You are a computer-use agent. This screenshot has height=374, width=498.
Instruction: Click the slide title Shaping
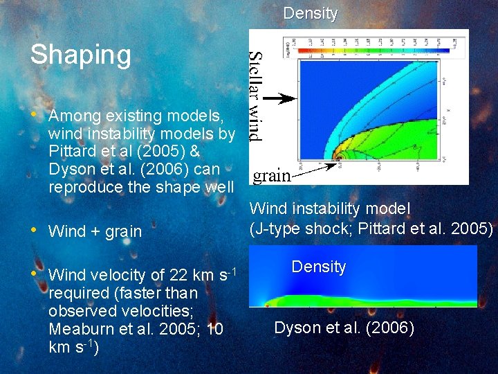pyautogui.click(x=80, y=55)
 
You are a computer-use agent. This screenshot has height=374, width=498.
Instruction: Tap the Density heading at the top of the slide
pyautogui.click(x=311, y=13)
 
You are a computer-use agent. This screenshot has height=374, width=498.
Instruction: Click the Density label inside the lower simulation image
pyautogui.click(x=318, y=267)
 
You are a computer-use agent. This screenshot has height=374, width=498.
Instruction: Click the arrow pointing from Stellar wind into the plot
pyautogui.click(x=279, y=99)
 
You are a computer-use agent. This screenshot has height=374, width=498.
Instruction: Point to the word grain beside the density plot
pyautogui.click(x=271, y=176)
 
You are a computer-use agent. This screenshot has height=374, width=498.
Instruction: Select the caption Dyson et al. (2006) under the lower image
pyautogui.click(x=344, y=328)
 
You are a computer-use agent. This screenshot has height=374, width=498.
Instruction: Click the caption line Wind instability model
pyautogui.click(x=329, y=208)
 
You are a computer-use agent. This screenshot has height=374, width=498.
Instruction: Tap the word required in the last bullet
pyautogui.click(x=75, y=293)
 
